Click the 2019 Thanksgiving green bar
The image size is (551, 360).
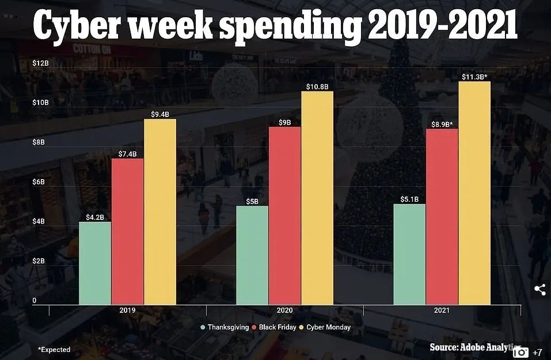95,263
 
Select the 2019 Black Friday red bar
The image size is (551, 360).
127,231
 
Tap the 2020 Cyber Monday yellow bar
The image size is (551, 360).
317,198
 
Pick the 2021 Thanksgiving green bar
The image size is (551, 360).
409,254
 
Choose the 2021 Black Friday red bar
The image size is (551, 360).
442,216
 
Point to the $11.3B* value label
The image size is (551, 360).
474,77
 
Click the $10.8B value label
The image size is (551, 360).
317,86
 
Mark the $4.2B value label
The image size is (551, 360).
95,217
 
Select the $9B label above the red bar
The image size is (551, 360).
284,122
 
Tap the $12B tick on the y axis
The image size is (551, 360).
40,62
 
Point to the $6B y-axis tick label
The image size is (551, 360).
39,181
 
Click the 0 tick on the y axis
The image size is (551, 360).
34,300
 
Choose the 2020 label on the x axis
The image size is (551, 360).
284,310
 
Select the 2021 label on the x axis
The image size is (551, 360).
442,310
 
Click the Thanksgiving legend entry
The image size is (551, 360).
224,327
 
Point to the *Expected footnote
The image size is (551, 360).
54,349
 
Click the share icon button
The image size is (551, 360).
540,290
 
